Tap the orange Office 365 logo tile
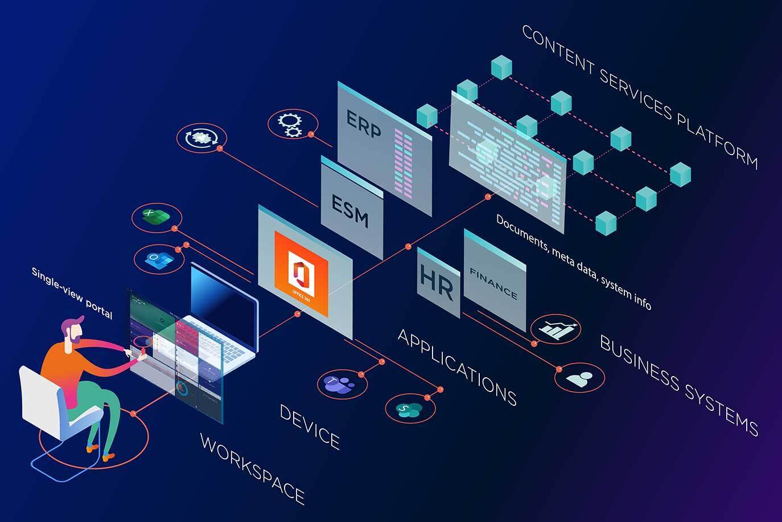coord(301,272)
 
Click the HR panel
coord(437,282)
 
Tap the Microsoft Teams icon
coord(339,384)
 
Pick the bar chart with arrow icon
coord(556,329)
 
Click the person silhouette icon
coord(579,378)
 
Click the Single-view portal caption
coord(72,293)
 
